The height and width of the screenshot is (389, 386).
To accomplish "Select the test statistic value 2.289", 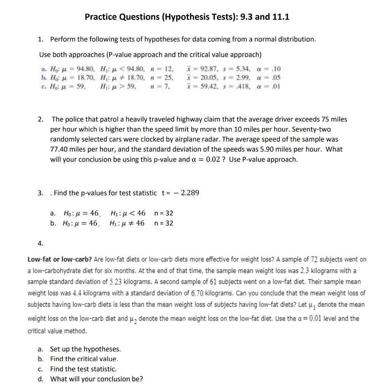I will click(x=190, y=193).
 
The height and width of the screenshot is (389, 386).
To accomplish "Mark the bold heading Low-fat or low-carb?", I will click(x=60, y=259).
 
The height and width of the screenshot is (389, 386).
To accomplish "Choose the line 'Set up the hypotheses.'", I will click(x=85, y=349).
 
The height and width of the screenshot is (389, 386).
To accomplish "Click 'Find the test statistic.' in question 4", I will click(x=83, y=368).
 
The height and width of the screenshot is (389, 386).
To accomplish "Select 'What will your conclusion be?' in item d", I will click(x=97, y=379).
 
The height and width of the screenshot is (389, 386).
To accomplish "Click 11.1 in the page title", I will click(x=281, y=17).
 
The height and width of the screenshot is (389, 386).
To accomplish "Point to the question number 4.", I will click(x=40, y=243).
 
